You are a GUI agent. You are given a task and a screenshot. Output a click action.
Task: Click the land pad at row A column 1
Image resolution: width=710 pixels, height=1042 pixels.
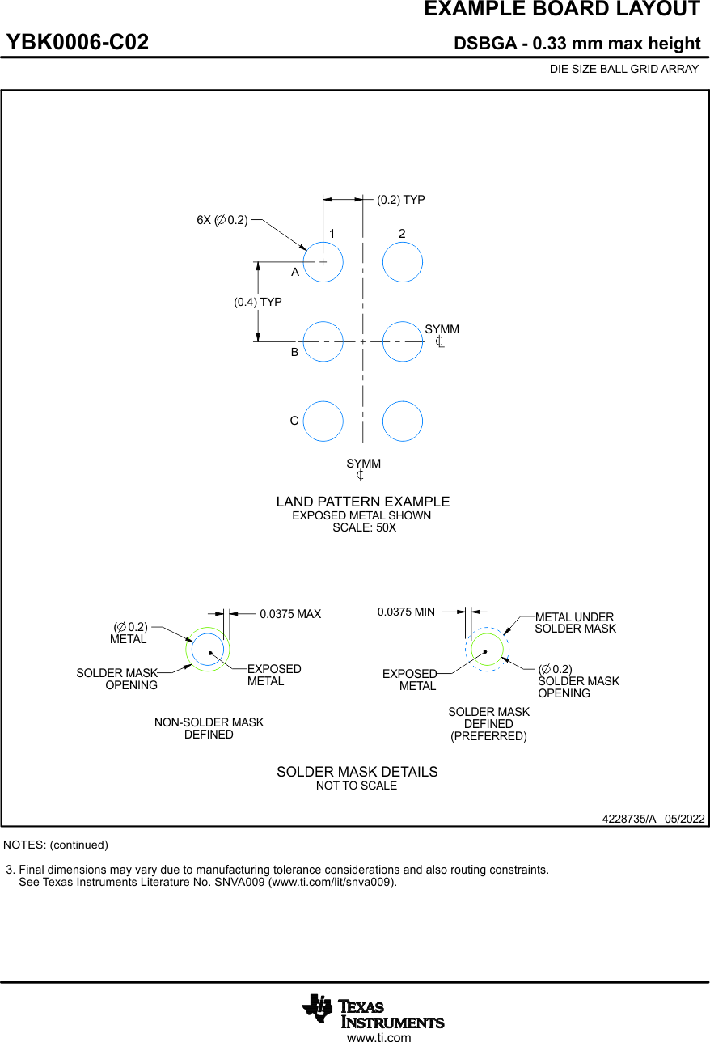(323, 262)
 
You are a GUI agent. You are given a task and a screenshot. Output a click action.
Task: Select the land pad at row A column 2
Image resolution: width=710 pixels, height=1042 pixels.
(402, 262)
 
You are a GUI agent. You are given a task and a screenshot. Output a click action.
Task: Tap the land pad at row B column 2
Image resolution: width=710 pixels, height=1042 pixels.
(402, 341)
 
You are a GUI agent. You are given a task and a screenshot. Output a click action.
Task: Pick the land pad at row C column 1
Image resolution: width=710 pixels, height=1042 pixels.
(323, 421)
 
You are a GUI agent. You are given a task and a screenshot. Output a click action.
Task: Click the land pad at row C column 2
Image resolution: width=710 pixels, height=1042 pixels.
(402, 421)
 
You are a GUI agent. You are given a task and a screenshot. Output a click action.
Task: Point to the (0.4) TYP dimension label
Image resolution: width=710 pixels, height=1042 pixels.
(258, 302)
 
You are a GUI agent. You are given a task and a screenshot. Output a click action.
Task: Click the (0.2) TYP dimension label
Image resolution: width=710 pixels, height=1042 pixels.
(400, 200)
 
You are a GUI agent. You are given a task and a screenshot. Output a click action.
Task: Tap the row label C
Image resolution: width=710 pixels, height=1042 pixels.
(294, 421)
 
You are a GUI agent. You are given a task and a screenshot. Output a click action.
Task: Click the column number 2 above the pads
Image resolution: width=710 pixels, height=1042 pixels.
(402, 234)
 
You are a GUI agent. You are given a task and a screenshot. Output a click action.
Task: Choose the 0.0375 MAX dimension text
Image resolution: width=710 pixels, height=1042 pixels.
(290, 614)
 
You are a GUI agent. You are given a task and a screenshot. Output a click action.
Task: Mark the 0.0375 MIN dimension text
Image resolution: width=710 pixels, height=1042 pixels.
(406, 612)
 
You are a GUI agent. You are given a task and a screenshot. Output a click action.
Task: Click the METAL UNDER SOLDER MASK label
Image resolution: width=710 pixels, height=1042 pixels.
(575, 623)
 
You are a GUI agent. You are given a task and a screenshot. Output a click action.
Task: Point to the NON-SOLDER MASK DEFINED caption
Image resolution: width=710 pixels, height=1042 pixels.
(209, 728)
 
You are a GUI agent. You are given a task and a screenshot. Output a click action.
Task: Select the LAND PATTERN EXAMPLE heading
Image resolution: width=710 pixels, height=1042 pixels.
(363, 502)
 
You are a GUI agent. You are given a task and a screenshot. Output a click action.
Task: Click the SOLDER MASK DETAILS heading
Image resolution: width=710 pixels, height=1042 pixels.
(357, 772)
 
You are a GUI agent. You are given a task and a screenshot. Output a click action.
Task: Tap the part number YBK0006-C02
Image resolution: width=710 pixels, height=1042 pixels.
(78, 43)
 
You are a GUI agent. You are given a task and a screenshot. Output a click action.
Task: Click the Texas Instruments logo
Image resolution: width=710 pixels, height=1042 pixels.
(373, 1011)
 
